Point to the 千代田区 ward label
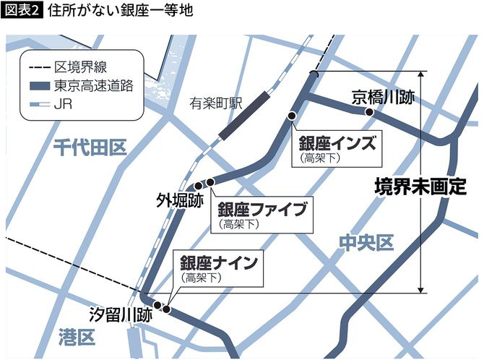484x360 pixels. pyautogui.click(x=90, y=148)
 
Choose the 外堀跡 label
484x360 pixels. pyautogui.click(x=178, y=199)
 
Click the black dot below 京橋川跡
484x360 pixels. pyautogui.click(x=369, y=113)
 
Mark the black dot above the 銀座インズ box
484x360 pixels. pyautogui.click(x=292, y=116)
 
